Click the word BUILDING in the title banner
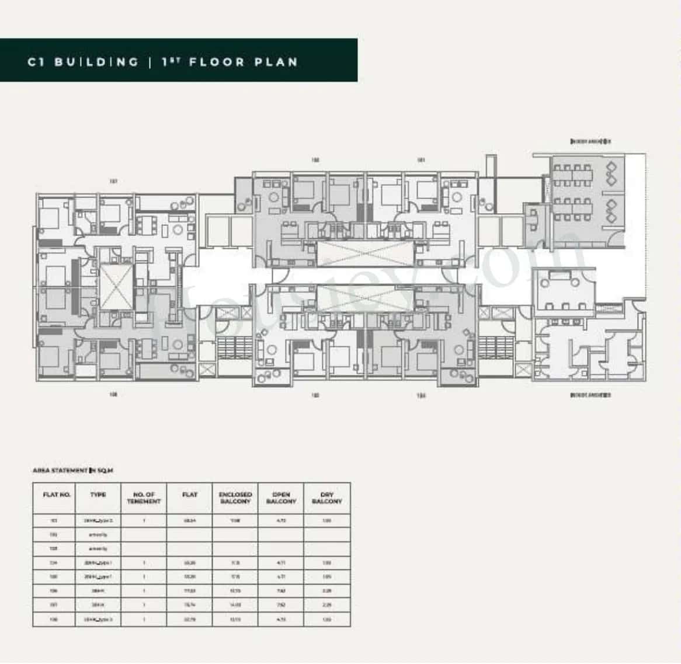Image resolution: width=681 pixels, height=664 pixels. coord(96,62)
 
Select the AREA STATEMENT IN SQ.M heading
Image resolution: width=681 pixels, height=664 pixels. coord(73,470)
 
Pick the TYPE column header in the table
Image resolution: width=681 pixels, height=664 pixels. coord(98,495)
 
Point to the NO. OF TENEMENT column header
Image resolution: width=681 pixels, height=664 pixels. coord(144,498)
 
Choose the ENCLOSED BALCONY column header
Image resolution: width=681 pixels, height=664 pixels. coord(235,498)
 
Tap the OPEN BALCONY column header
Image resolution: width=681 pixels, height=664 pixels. coord(281,498)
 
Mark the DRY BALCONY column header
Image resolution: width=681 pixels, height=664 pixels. coord(327,498)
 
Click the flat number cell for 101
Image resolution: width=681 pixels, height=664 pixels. coord(54,520)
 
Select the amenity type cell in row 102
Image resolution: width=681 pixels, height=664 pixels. coord(98,534)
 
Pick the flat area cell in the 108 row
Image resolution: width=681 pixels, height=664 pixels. coord(190,620)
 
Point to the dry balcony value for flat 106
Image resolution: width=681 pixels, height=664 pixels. coord(327,591)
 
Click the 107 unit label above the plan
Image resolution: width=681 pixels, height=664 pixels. coord(113,182)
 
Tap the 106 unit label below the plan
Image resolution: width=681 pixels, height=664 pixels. coord(113,395)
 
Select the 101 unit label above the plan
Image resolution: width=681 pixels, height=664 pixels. coord(421,160)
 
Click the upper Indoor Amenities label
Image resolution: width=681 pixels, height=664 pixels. coord(590,142)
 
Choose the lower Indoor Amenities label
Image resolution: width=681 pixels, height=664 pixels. coord(590,395)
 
